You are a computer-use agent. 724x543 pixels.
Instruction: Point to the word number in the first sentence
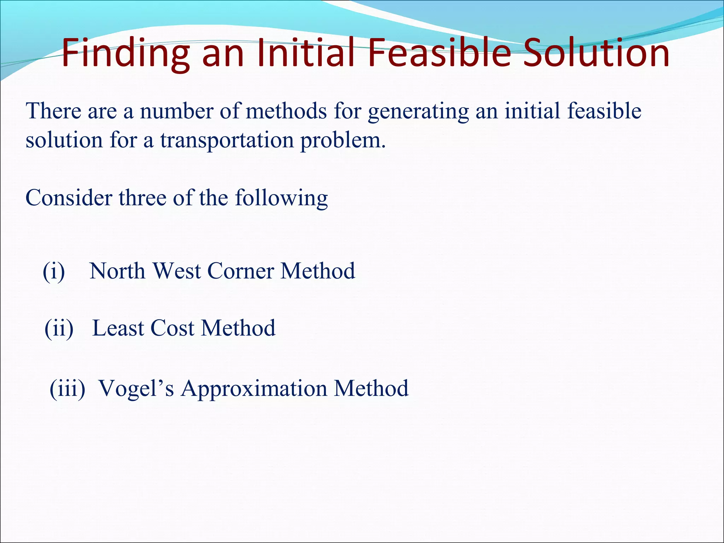tap(176, 111)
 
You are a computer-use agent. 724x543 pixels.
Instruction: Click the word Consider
tap(69, 198)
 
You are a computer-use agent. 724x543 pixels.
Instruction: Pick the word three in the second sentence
tap(143, 198)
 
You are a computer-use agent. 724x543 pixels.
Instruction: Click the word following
tap(281, 198)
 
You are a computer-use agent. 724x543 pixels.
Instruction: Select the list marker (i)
tap(54, 271)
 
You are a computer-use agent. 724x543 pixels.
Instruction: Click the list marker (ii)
tap(59, 328)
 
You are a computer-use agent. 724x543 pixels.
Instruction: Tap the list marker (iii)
tap(68, 389)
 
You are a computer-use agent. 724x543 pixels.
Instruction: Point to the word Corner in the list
tap(241, 271)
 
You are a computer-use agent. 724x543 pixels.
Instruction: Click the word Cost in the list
tap(172, 328)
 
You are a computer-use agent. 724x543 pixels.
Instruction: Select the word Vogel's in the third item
tap(136, 389)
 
